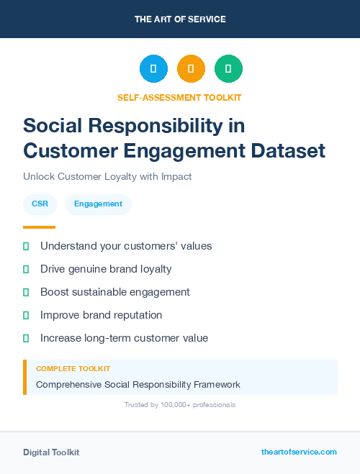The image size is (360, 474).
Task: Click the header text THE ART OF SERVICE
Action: pyautogui.click(x=180, y=19)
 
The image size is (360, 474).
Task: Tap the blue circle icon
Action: pyautogui.click(x=153, y=69)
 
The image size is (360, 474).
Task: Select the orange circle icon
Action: pyautogui.click(x=191, y=69)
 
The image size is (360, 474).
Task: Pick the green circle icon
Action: pyautogui.click(x=228, y=69)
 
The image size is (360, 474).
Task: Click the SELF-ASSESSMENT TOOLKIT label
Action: pyautogui.click(x=179, y=97)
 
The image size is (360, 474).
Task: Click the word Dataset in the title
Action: pyautogui.click(x=285, y=151)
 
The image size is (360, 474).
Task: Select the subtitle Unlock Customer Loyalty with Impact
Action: pyautogui.click(x=107, y=176)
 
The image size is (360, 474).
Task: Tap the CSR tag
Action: pyautogui.click(x=40, y=204)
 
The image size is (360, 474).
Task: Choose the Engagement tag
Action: pyautogui.click(x=98, y=204)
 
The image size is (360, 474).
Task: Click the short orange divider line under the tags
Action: pyautogui.click(x=39, y=227)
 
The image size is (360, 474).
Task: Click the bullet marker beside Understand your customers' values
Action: pyautogui.click(x=26, y=246)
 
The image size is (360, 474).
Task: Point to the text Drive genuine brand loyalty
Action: pyautogui.click(x=106, y=269)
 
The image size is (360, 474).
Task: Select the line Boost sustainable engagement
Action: pyautogui.click(x=115, y=292)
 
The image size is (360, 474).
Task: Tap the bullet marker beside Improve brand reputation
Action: pyautogui.click(x=26, y=315)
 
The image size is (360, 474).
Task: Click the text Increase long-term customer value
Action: pyautogui.click(x=124, y=338)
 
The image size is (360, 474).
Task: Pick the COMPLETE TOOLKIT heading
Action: pyautogui.click(x=73, y=368)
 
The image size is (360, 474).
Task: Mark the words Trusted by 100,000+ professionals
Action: pyautogui.click(x=180, y=405)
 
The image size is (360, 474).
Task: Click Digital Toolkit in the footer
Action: pyautogui.click(x=51, y=452)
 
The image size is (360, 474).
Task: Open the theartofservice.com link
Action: pyautogui.click(x=299, y=452)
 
